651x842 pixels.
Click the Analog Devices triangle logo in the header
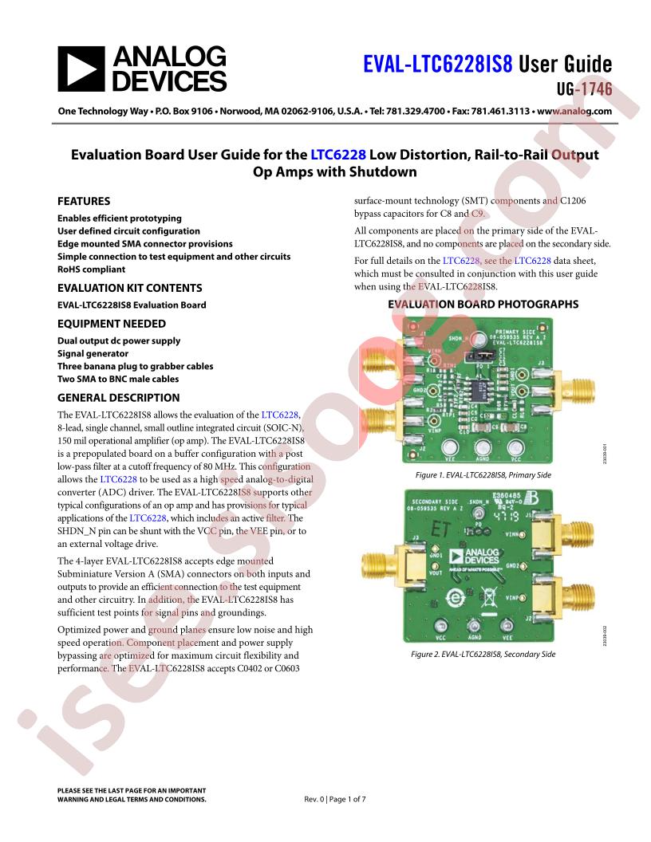(81, 69)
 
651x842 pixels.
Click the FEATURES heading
(84, 202)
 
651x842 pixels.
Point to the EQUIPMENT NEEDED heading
(112, 324)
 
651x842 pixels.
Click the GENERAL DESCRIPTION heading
(118, 398)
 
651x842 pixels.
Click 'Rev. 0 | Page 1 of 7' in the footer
(336, 799)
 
